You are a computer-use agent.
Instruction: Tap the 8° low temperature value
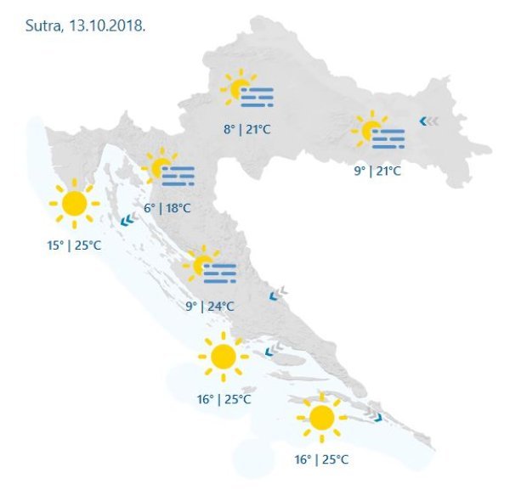229,129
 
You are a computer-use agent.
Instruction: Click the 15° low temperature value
55,245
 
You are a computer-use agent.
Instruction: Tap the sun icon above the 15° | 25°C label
74,204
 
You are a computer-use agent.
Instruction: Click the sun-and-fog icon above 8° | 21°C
246,90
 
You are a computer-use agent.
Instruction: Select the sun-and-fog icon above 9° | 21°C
377,132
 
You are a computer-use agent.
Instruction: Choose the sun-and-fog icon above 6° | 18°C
167,170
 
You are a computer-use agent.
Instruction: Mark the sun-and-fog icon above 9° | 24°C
208,267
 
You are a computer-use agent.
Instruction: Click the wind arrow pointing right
377,418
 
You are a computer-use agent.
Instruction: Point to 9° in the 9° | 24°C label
191,307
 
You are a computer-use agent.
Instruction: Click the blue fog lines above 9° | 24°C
219,273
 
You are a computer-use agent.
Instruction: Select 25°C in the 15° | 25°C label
87,245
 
